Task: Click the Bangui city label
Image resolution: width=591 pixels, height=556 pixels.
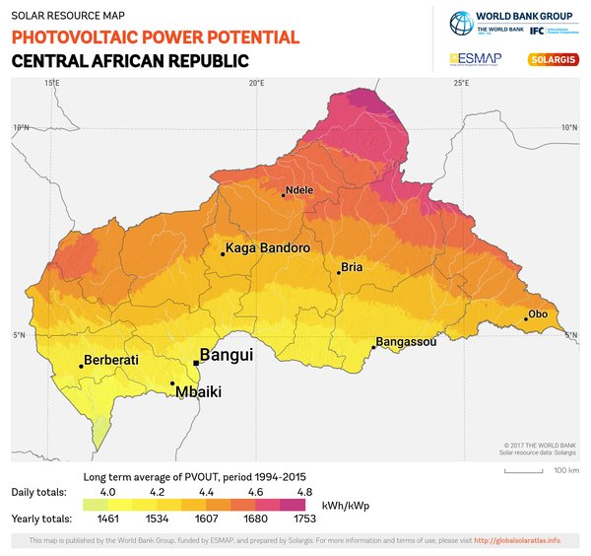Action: (x=227, y=354)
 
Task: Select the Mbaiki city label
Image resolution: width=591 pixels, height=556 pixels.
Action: (x=198, y=392)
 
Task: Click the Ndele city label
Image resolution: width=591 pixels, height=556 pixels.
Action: (x=298, y=190)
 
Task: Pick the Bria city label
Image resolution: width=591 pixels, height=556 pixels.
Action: (x=352, y=267)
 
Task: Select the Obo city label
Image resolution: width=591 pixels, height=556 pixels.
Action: (x=538, y=314)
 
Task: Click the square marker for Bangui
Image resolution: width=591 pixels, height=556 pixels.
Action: (x=196, y=363)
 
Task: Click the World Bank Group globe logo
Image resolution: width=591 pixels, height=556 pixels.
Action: (x=461, y=23)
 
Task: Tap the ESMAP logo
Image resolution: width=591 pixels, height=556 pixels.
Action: (x=477, y=59)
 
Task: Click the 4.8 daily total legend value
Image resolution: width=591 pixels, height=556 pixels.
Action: (x=304, y=491)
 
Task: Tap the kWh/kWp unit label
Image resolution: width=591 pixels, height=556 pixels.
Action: (x=345, y=505)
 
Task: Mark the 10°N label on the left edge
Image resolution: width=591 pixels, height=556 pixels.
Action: (x=21, y=127)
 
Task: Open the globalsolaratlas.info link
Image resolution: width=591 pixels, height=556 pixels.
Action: (x=517, y=540)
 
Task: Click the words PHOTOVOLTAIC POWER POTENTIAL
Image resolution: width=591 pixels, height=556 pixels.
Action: (x=155, y=37)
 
